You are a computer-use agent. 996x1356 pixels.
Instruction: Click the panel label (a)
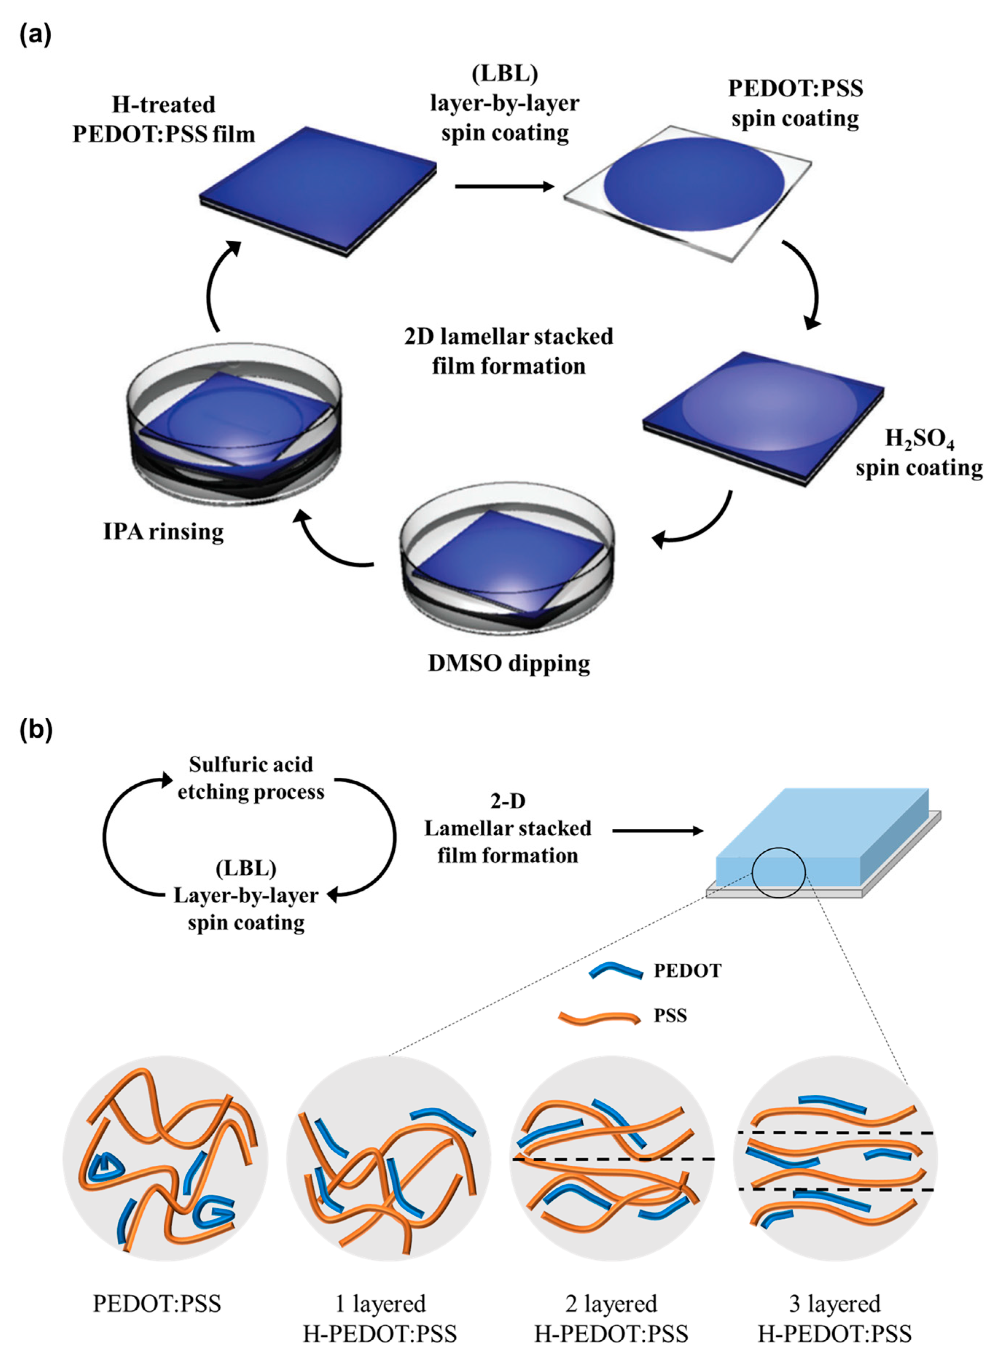click(x=35, y=35)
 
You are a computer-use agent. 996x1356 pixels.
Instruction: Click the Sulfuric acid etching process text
click(x=251, y=777)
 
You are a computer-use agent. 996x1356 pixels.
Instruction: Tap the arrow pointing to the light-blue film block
click(x=657, y=831)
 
